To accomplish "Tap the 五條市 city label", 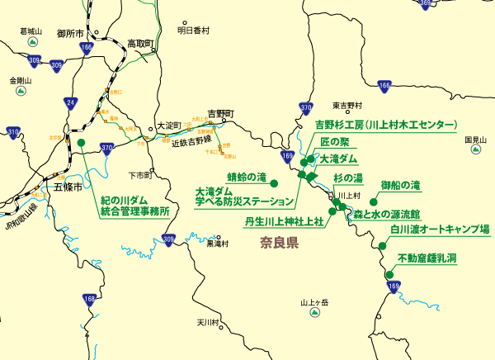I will pos(68,187).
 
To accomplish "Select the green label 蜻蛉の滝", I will pos(247,177).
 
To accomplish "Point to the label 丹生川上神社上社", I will pos(284,221).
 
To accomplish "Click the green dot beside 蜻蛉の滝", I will pos(275,182).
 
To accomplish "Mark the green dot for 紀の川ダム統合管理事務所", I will pos(81,143).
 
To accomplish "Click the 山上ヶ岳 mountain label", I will pos(313,303).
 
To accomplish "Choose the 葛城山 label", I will pos(30,31).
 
